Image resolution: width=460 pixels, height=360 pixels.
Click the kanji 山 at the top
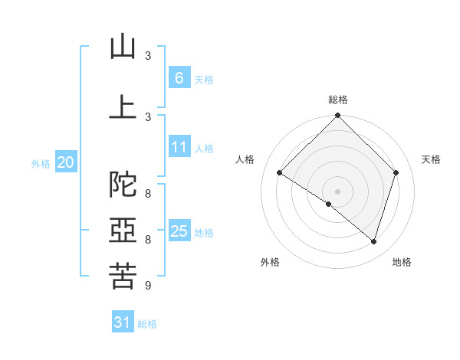[x=123, y=47]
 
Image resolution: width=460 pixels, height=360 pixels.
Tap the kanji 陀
[x=123, y=185]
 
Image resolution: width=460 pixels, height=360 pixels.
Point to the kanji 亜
[x=123, y=231]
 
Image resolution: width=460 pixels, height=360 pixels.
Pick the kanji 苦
[x=123, y=276]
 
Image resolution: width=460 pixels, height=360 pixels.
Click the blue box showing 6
[x=179, y=78]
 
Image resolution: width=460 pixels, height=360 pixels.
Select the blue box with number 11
[x=179, y=147]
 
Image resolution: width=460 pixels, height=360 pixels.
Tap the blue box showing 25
[x=179, y=231]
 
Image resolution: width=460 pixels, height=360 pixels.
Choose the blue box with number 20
[x=66, y=162]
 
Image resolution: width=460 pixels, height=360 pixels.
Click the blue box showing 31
[x=123, y=322]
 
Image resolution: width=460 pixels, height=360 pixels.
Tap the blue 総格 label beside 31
[x=147, y=324]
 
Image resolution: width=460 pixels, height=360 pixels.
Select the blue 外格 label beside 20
[x=41, y=163]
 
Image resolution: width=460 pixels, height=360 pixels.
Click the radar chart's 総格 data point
[x=337, y=116]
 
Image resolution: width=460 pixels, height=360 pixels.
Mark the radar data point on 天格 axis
[x=396, y=172]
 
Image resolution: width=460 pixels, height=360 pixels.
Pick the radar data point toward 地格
[x=373, y=241]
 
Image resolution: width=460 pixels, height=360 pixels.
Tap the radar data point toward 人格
[x=279, y=172]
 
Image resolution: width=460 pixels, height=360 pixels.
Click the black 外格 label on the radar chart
[x=270, y=262]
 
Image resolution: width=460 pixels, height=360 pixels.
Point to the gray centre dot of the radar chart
[x=337, y=191]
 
